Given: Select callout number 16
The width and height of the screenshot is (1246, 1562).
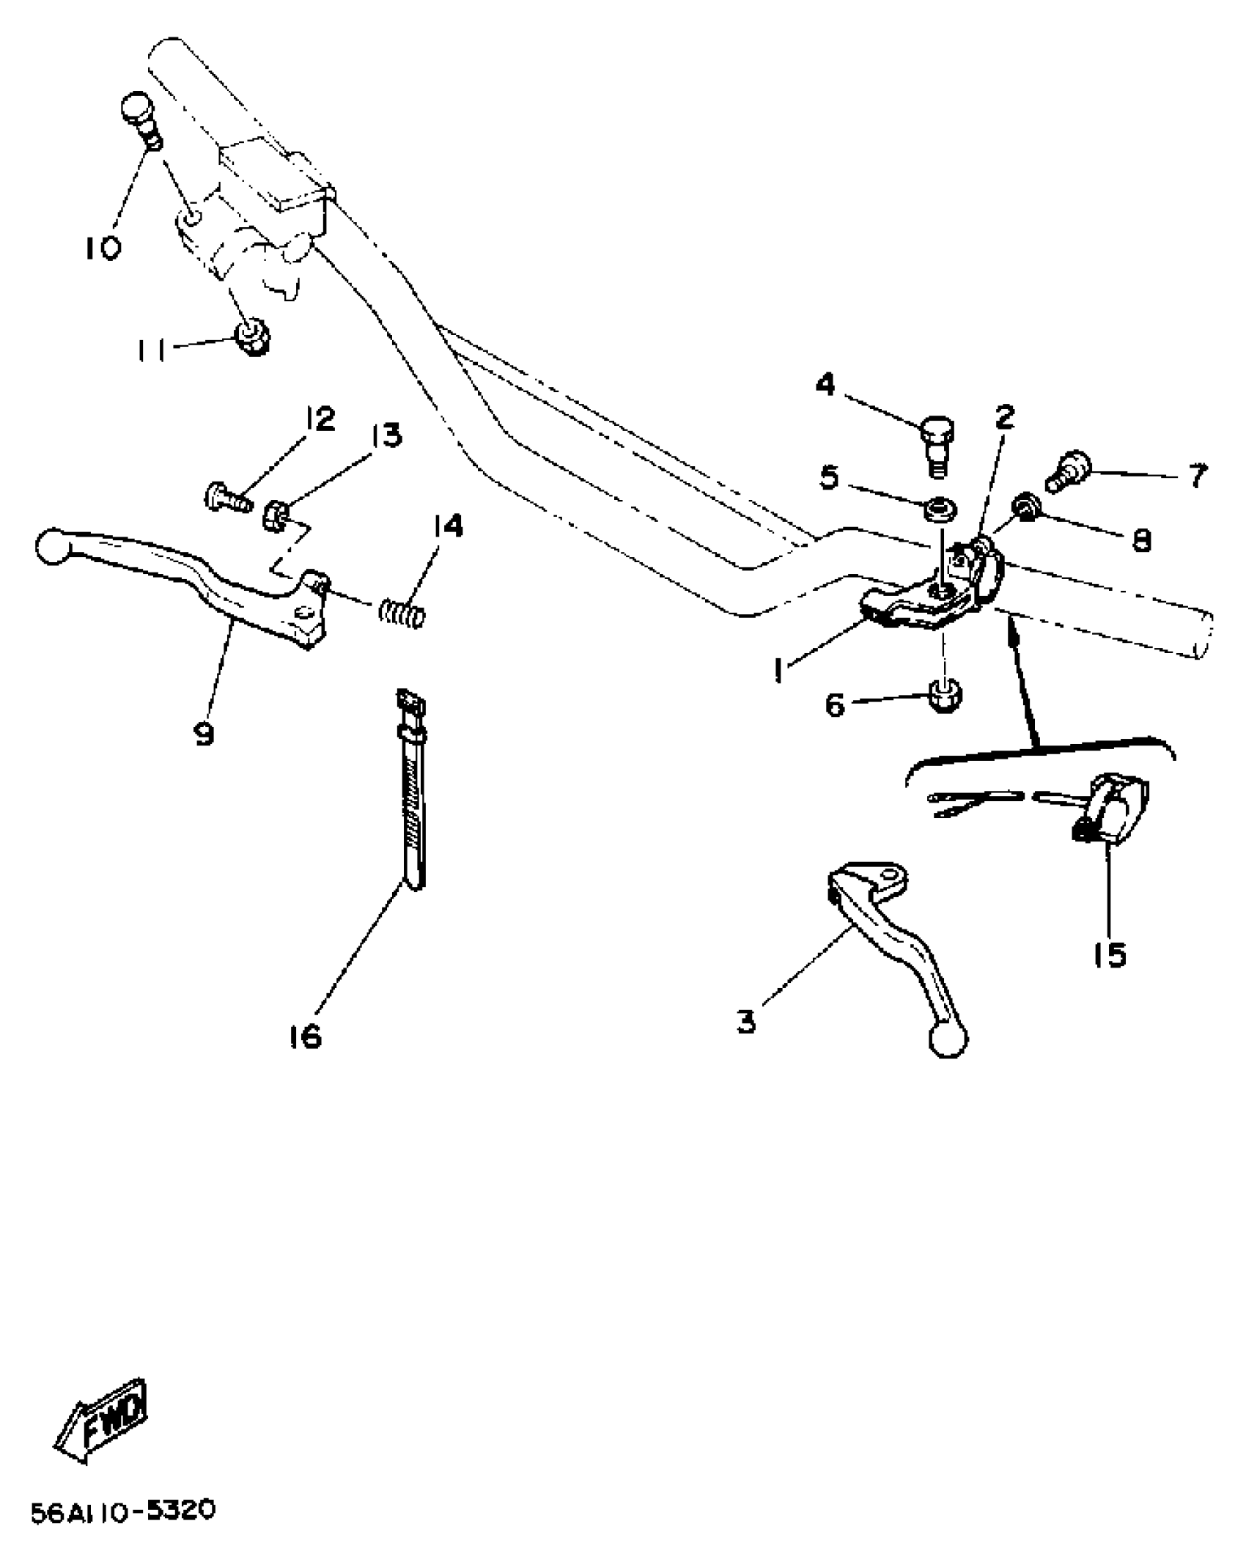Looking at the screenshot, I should [305, 1036].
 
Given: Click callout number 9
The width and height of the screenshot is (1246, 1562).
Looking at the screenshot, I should [204, 732].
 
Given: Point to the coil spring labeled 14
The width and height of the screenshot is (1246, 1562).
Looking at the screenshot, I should [402, 611].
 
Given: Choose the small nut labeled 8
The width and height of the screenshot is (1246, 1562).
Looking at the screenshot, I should [1024, 506].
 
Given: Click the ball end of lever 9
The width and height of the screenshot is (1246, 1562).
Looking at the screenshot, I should [52, 547].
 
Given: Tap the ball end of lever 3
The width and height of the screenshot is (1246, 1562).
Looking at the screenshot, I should [948, 1040].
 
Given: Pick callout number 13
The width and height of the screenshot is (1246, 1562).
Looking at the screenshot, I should [386, 436].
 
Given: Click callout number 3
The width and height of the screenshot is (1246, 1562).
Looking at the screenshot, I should [746, 1021].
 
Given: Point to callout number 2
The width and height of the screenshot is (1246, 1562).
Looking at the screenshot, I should [1003, 416].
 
